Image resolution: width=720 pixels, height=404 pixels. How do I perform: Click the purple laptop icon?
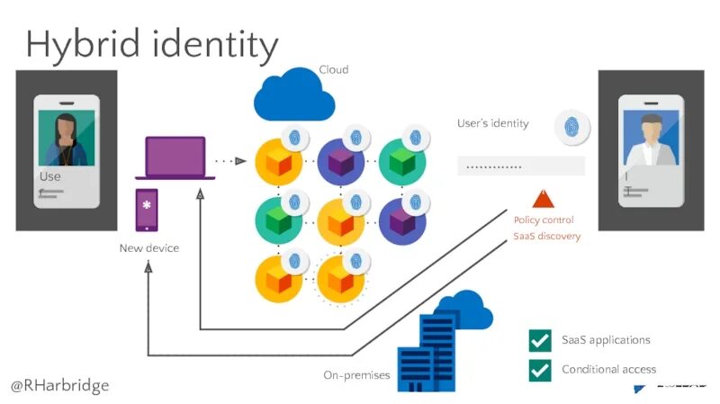click(176, 157)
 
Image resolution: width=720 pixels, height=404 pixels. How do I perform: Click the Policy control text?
click(544, 220)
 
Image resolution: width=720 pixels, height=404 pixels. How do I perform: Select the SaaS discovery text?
click(546, 237)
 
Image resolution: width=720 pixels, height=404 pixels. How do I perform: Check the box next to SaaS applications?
click(540, 340)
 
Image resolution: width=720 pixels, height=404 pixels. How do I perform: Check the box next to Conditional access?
click(540, 369)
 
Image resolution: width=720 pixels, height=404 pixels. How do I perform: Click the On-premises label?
click(356, 375)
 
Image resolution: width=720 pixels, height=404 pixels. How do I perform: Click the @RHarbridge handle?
click(59, 385)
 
